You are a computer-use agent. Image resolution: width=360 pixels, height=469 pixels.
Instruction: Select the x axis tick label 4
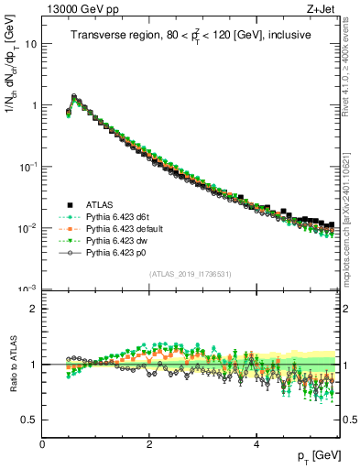(x=256, y=444)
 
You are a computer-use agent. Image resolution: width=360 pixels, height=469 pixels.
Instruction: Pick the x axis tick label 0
(x=42, y=444)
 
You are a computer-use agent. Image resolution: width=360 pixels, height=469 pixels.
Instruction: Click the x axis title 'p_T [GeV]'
(x=316, y=456)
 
